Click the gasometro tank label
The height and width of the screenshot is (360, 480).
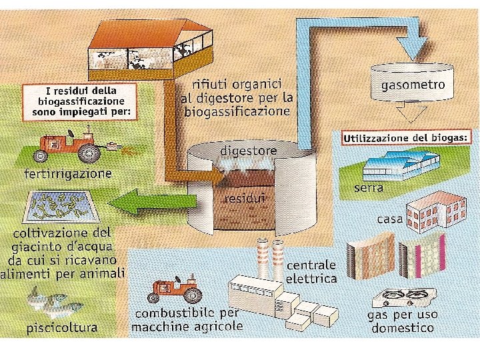pos(413,86)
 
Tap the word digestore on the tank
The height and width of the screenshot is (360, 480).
pos(248,151)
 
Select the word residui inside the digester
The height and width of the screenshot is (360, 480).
pos(244,198)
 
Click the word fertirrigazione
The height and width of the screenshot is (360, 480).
pos(67,175)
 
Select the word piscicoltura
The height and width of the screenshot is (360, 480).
pos(62,327)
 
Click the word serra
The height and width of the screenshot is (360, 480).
pos(369,188)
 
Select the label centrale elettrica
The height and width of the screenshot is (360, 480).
pos(311,272)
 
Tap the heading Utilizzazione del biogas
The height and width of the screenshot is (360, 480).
pos(407,139)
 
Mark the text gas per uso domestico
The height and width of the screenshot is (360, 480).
pos(402,321)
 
